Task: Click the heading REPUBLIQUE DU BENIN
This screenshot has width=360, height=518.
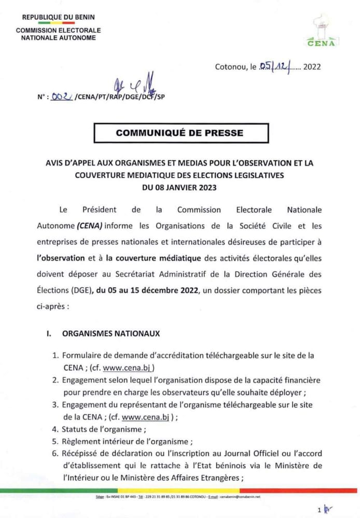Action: (x=58, y=17)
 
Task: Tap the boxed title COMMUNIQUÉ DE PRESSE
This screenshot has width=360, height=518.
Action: (x=179, y=133)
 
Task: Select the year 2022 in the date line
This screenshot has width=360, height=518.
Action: (x=312, y=66)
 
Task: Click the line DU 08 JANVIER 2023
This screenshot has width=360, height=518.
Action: (x=179, y=188)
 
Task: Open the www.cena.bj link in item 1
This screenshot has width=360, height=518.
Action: (x=123, y=368)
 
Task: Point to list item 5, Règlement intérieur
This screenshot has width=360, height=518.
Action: (x=127, y=442)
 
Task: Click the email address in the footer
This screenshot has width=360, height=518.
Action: (x=240, y=496)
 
